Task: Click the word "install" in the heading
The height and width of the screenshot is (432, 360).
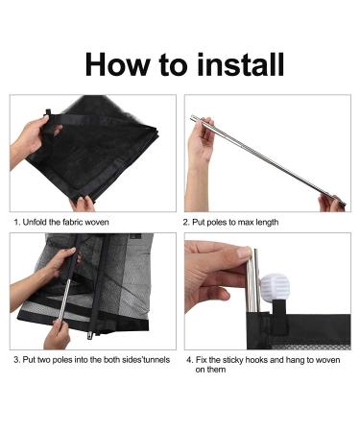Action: tap(240, 64)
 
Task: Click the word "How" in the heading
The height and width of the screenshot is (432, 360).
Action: tap(117, 64)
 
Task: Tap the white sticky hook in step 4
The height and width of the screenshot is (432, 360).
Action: tap(275, 286)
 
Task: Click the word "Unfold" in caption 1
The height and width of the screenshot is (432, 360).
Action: tap(35, 222)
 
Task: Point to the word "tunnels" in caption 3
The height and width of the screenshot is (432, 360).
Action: tap(156, 360)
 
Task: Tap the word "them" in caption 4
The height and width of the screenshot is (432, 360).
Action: tap(217, 370)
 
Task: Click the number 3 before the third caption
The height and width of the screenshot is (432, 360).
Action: tap(16, 360)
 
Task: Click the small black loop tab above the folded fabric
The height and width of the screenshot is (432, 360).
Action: tap(48, 112)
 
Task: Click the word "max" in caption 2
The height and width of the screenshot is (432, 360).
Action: tap(243, 223)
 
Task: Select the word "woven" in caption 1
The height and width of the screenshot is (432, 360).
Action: tap(98, 222)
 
